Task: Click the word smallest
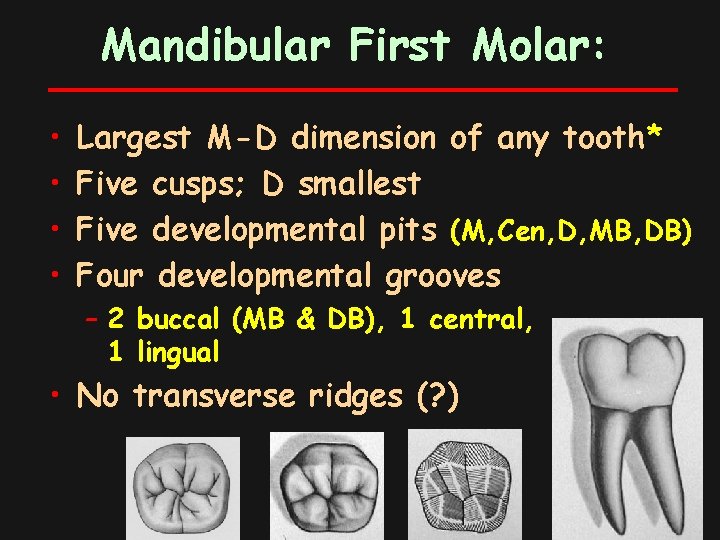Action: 359,185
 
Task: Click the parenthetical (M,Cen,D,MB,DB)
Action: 571,231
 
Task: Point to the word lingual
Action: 178,351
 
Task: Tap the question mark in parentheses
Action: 436,397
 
